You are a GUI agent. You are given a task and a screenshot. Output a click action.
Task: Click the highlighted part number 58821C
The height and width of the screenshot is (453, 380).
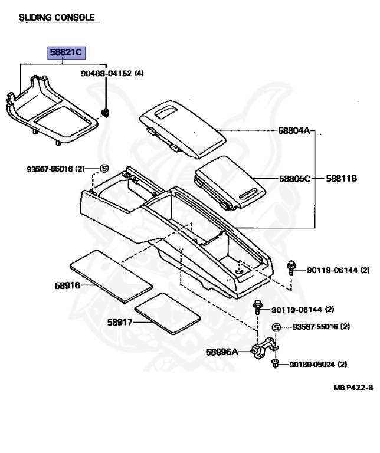click(67, 53)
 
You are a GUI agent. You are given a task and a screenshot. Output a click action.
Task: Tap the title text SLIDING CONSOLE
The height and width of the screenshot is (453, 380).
click(57, 18)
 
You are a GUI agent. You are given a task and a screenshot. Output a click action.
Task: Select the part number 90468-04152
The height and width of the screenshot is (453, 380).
click(106, 73)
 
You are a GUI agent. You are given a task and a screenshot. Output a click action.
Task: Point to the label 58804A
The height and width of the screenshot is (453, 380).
click(294, 130)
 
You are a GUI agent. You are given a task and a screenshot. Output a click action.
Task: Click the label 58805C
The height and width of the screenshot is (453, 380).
click(294, 178)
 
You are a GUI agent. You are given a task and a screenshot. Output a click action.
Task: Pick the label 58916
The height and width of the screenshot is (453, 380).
click(67, 285)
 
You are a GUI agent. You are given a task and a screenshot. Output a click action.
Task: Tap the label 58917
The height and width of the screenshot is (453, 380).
click(120, 322)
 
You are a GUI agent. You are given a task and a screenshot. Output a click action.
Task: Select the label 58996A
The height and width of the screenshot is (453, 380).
click(222, 352)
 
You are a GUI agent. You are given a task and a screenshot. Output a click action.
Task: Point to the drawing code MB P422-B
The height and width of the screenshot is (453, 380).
click(352, 388)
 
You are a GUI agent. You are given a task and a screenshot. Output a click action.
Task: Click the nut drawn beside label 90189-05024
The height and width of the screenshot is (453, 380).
click(276, 364)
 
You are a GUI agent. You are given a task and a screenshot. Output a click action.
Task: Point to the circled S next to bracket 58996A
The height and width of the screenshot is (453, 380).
click(276, 327)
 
